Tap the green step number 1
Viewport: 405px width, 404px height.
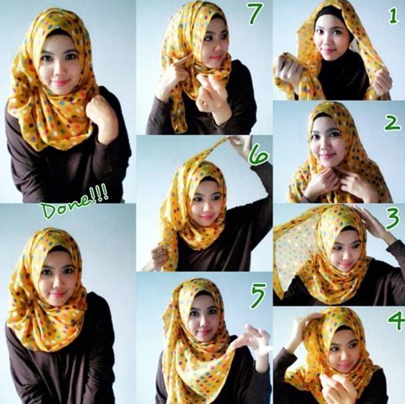[x=393, y=17]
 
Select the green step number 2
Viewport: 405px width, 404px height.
[x=391, y=123]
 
